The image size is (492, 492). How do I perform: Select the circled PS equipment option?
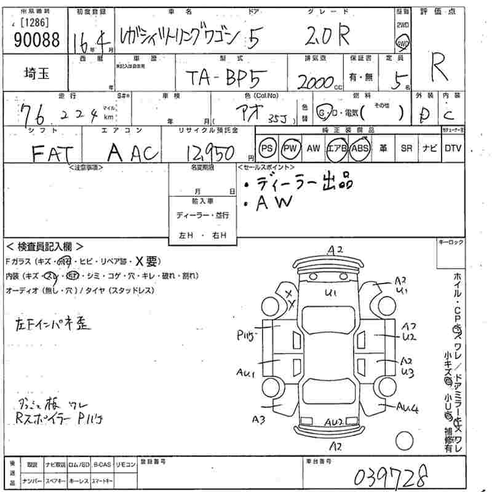click(266, 148)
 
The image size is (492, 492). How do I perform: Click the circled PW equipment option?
click(290, 148)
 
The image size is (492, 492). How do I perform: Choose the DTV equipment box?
click(453, 148)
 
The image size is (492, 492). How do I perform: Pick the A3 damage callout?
click(258, 420)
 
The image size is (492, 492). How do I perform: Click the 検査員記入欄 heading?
click(44, 245)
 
